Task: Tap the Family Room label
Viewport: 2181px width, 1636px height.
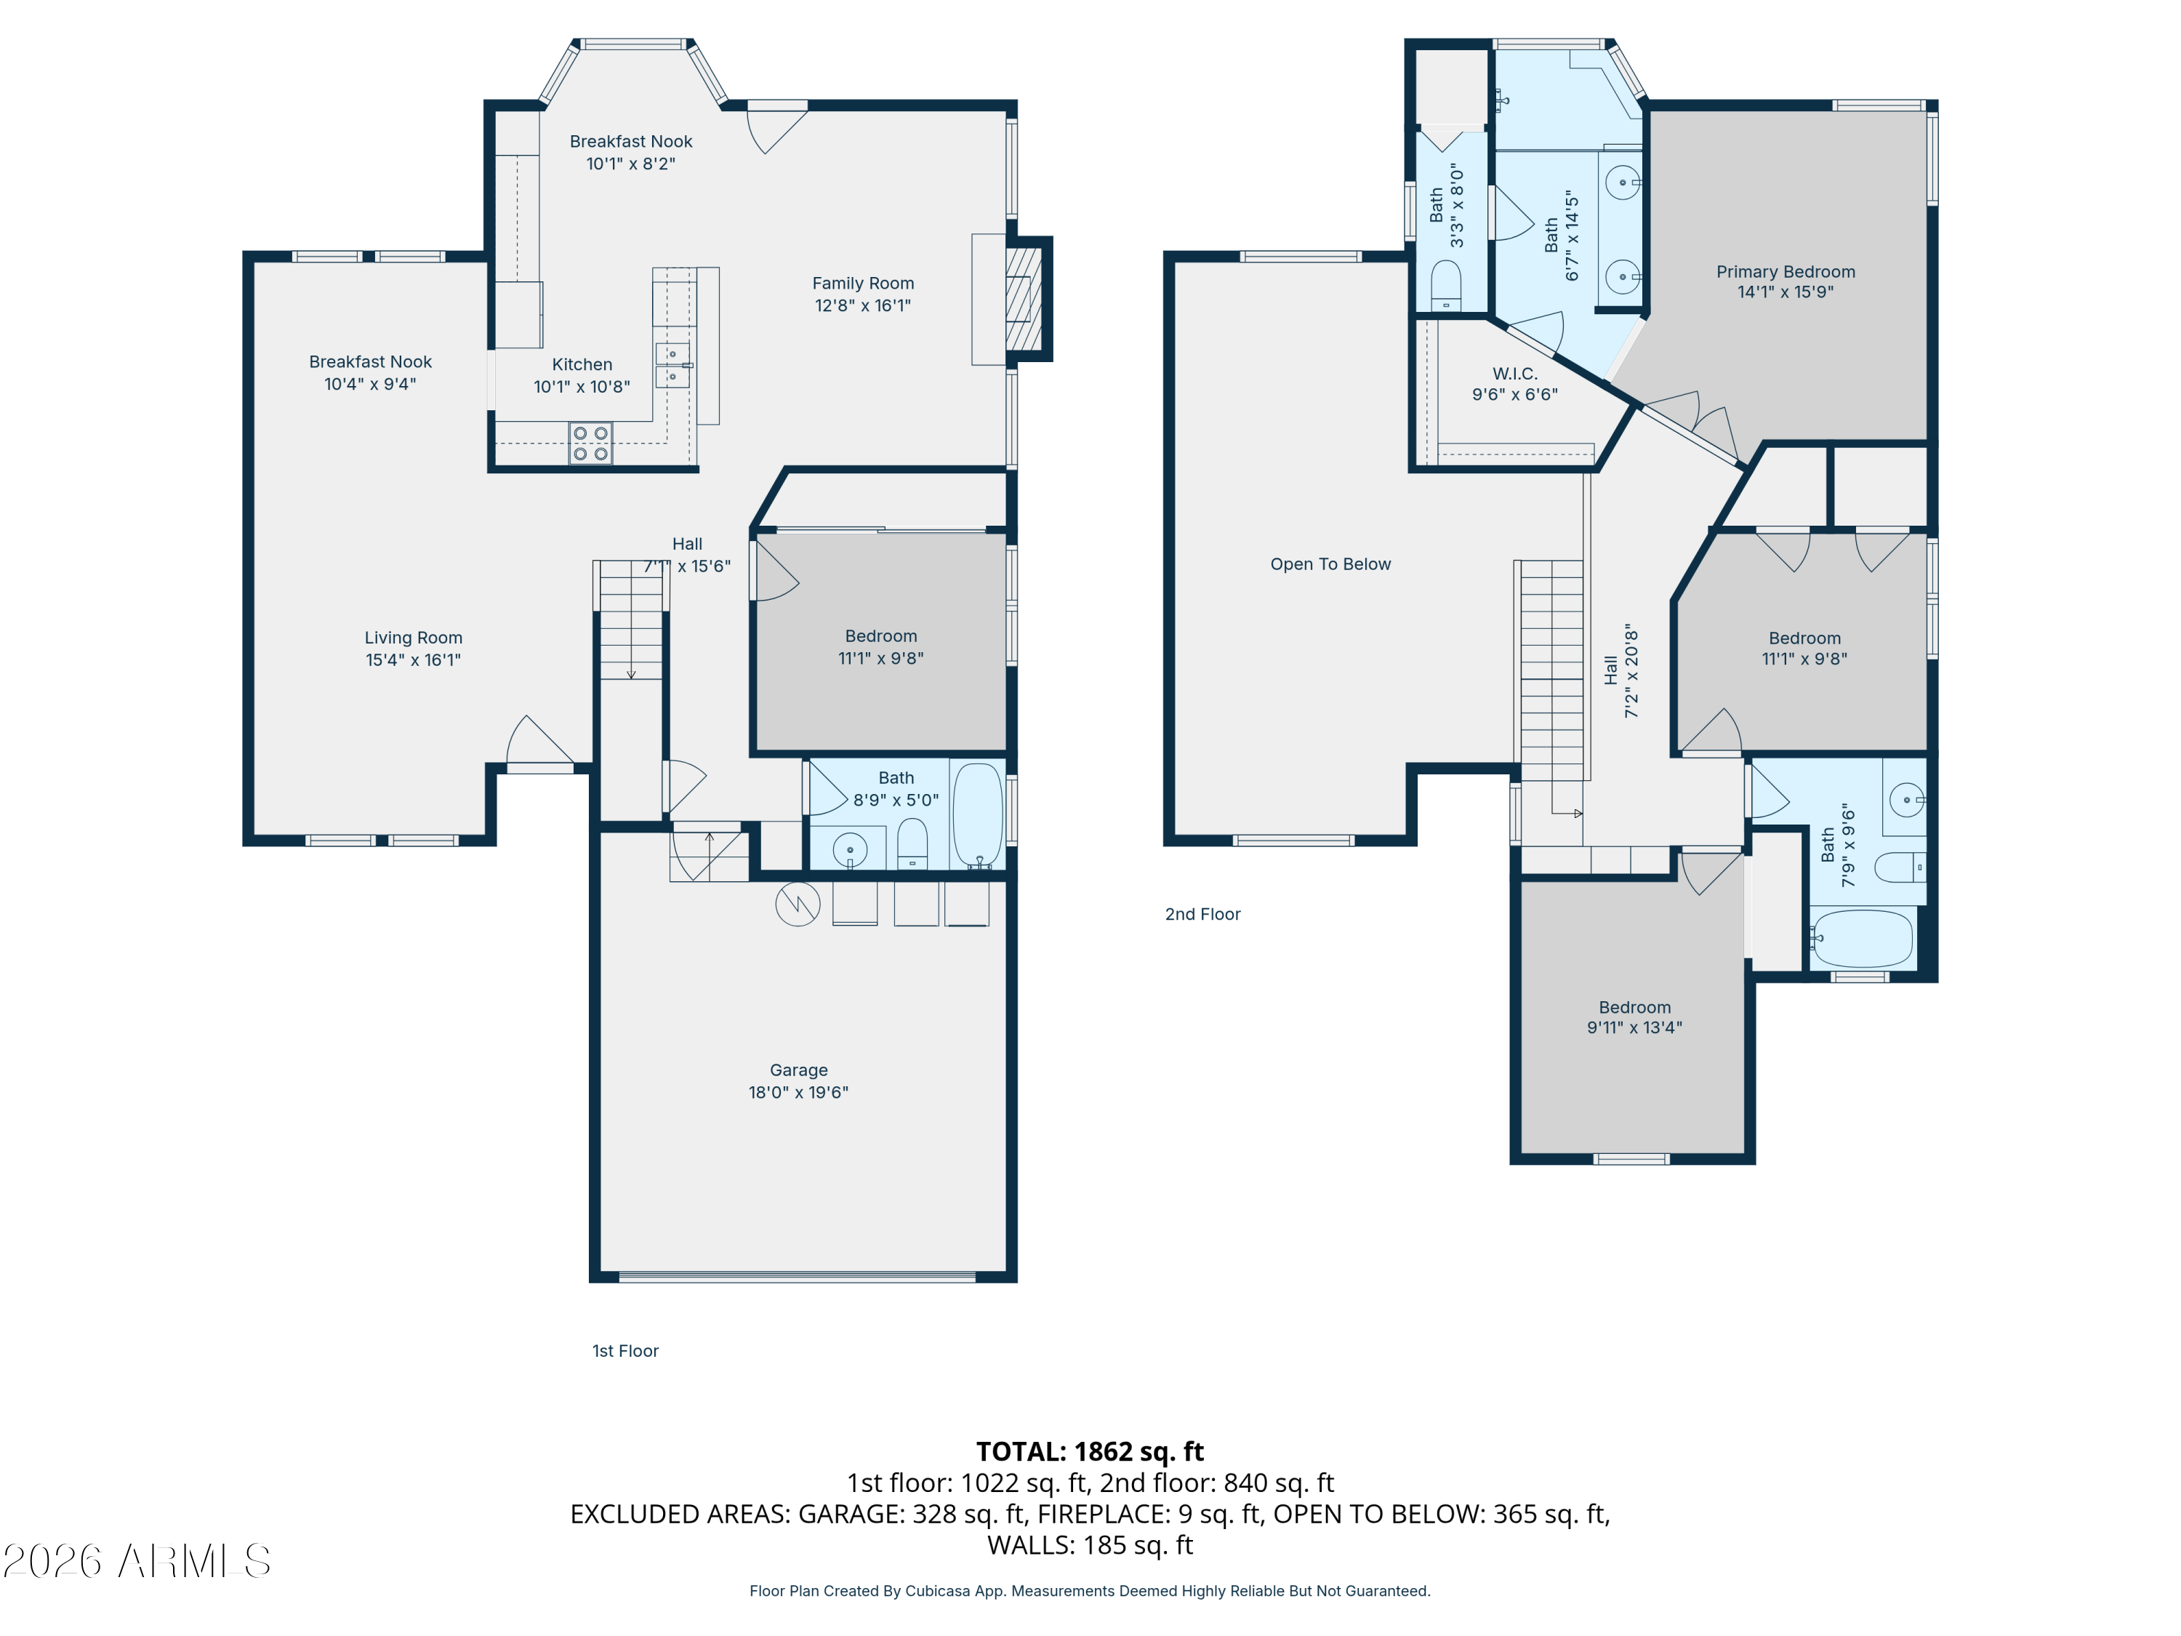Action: click(863, 283)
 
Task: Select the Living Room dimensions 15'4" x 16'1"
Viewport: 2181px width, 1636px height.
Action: click(413, 659)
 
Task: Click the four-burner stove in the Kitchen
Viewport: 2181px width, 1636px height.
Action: click(590, 443)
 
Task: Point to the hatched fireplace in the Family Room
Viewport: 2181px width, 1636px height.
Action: click(1024, 298)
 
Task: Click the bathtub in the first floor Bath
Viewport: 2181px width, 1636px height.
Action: click(977, 814)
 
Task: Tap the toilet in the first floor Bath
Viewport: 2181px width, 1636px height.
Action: click(912, 844)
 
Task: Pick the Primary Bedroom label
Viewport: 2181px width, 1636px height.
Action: click(1786, 271)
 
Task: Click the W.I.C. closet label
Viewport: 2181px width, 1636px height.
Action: click(1514, 374)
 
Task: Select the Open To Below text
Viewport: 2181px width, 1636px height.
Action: click(1330, 564)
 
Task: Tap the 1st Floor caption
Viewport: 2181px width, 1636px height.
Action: click(625, 1351)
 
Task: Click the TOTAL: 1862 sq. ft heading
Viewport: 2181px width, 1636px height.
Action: click(1090, 1451)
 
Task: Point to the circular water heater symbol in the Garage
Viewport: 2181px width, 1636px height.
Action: click(798, 905)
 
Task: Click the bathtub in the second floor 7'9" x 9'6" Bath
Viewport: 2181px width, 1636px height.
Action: click(1863, 938)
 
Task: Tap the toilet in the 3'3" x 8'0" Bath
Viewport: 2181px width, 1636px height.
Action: click(1445, 286)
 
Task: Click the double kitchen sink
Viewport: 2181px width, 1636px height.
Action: click(672, 365)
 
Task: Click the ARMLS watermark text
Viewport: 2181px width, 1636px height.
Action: click(137, 1561)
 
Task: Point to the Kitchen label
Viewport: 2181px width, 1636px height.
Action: click(582, 365)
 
